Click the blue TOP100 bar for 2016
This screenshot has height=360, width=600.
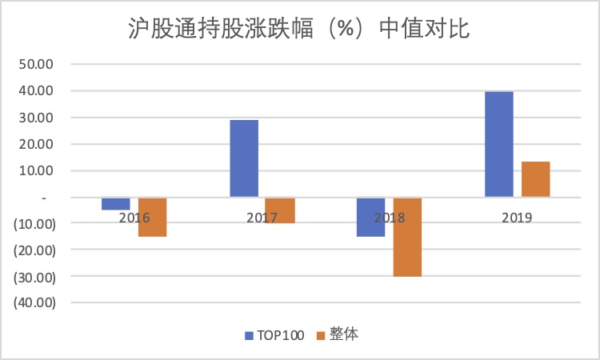click(x=115, y=203)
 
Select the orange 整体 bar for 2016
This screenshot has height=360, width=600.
click(x=152, y=217)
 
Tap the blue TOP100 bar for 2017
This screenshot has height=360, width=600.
click(x=244, y=158)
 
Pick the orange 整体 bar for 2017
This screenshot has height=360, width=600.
click(x=280, y=210)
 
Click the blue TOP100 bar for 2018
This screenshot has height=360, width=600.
click(x=370, y=217)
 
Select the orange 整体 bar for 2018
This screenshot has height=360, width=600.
click(x=407, y=237)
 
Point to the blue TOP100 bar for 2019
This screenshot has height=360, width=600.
click(x=498, y=144)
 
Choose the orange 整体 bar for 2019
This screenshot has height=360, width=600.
click(x=535, y=179)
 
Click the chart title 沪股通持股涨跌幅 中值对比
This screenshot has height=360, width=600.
click(x=299, y=29)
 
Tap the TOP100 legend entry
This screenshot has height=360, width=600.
click(x=274, y=335)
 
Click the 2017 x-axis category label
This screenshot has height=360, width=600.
click(x=262, y=217)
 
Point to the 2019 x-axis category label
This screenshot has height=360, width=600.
click(x=517, y=217)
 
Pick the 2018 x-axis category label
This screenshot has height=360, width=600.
click(x=389, y=217)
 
